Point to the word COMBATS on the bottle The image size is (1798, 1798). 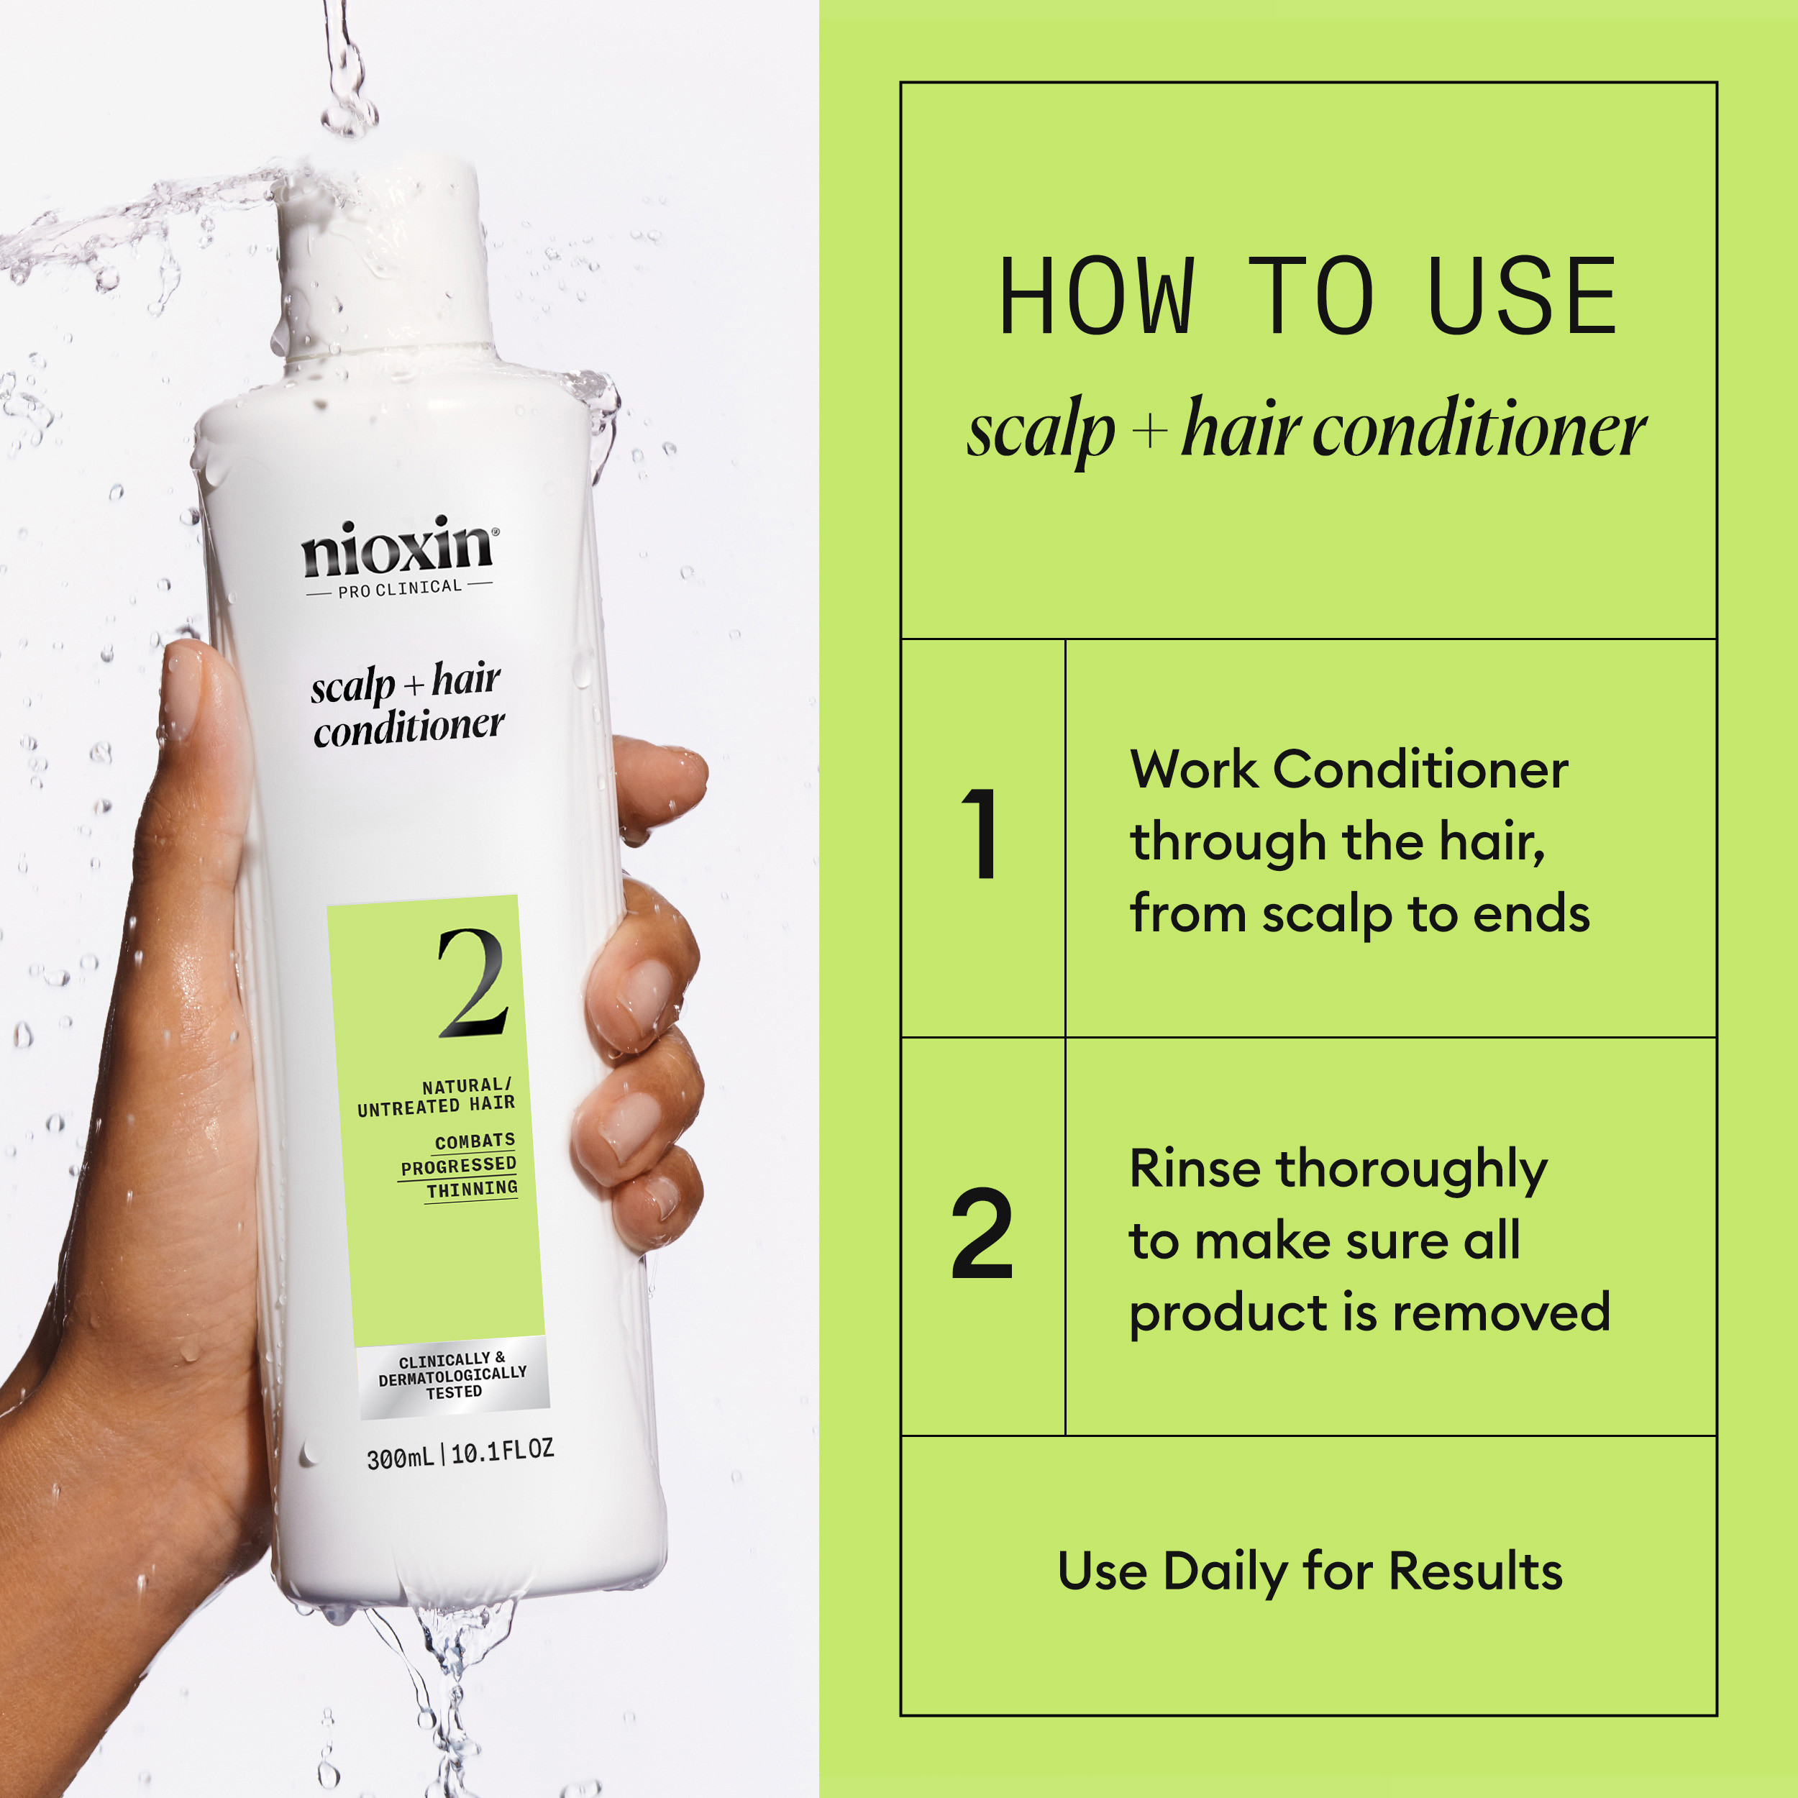pos(475,1141)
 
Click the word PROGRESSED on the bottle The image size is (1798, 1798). pos(458,1165)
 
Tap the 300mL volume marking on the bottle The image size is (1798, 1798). pos(399,1457)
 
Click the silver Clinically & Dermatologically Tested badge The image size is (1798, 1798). pos(452,1377)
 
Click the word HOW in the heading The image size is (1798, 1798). pos(1095,297)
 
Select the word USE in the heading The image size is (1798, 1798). pos(1522,297)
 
